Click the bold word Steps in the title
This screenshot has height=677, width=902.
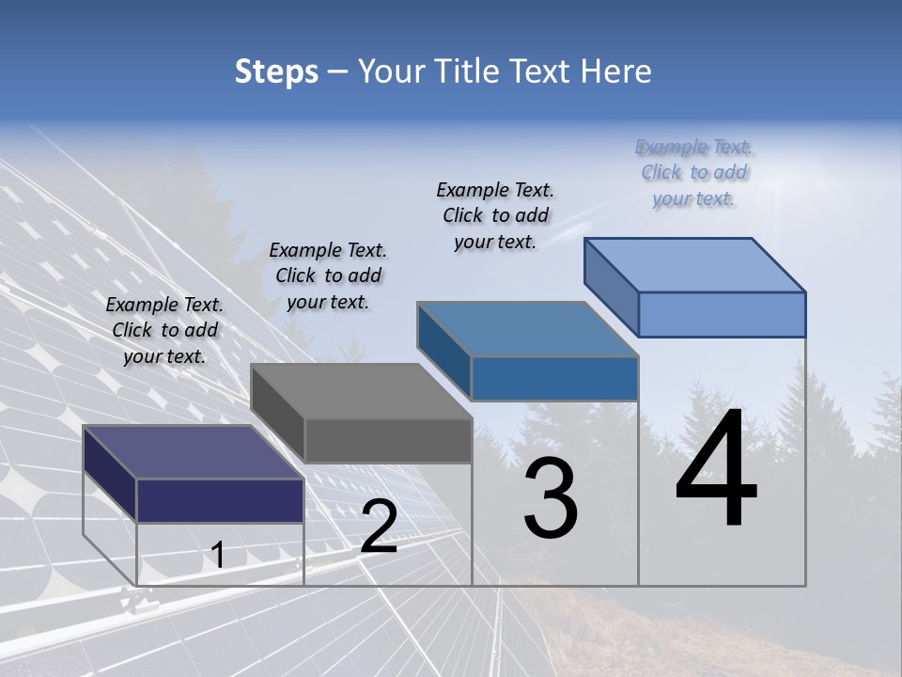tap(276, 71)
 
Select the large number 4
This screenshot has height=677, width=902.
tap(716, 473)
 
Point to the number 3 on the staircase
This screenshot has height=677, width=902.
tap(551, 498)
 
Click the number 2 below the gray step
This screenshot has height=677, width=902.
tap(379, 527)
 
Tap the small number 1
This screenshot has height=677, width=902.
tap(217, 556)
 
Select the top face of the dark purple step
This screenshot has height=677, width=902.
tap(193, 452)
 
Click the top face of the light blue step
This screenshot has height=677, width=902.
tap(694, 264)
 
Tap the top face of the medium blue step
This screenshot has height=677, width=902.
tap(527, 329)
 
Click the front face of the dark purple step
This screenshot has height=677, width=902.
tap(220, 500)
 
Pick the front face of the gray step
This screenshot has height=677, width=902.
tap(388, 441)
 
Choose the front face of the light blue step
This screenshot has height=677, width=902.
tap(722, 314)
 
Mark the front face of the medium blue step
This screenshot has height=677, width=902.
tap(554, 378)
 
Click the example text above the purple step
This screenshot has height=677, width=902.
tap(164, 330)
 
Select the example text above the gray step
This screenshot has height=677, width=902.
tap(328, 276)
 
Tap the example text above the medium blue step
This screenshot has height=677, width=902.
tap(495, 215)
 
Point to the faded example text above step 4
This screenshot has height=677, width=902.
tap(693, 172)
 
